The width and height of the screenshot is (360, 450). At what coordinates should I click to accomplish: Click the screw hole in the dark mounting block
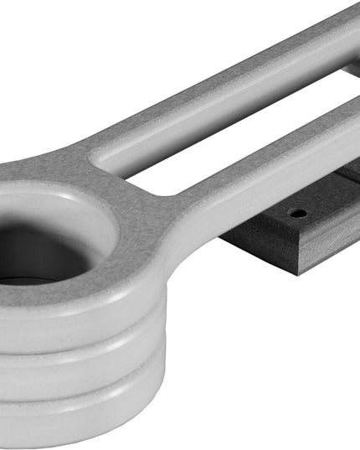coord(298,213)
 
